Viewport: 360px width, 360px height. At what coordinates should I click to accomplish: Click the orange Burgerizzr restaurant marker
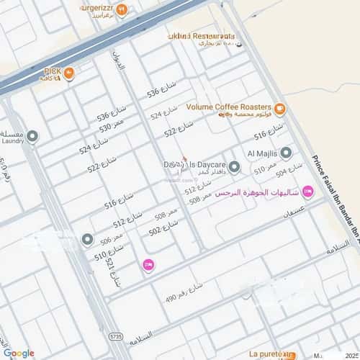(x=122, y=10)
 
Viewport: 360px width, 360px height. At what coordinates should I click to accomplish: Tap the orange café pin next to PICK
(x=69, y=73)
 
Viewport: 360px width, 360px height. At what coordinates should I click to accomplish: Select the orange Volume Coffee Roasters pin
(x=279, y=109)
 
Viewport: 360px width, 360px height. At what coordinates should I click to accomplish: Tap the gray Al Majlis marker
(x=286, y=153)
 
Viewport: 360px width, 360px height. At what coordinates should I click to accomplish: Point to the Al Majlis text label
(x=261, y=153)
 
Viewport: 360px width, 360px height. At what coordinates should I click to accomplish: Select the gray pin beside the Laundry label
(x=32, y=135)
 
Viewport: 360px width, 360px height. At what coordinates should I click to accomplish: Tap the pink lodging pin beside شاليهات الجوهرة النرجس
(x=308, y=192)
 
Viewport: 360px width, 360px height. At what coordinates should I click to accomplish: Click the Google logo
(x=18, y=353)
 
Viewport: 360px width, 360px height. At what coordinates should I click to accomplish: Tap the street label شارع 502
(x=163, y=230)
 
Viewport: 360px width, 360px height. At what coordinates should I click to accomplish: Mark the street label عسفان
(x=297, y=213)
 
